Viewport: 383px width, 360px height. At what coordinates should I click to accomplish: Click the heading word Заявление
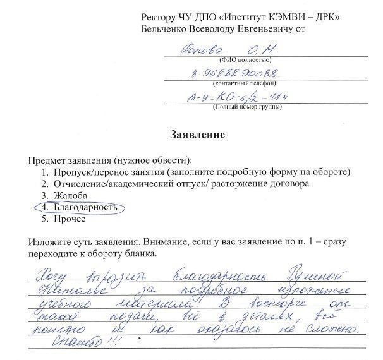click(x=198, y=135)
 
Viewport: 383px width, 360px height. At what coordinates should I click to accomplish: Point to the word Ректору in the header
click(x=162, y=17)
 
